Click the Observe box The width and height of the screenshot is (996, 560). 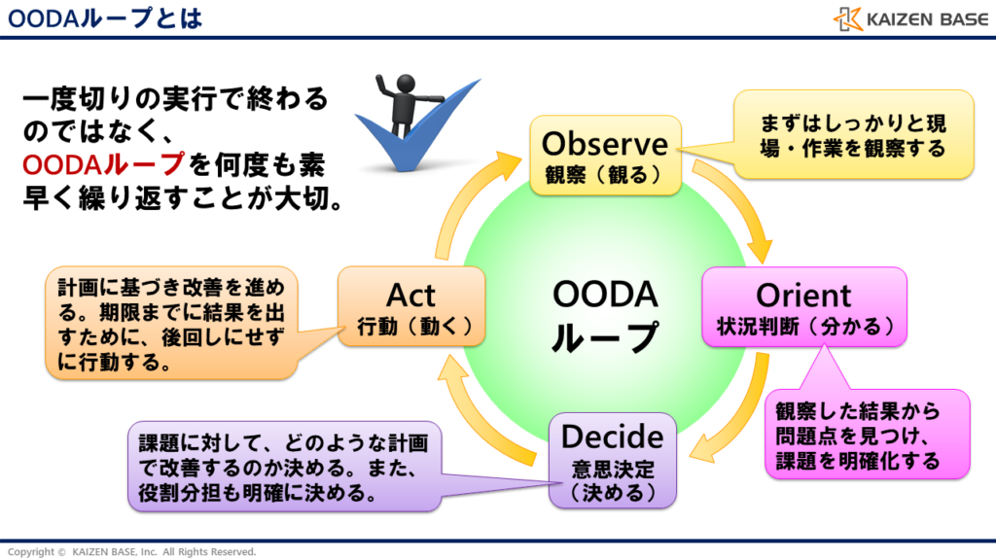(x=604, y=156)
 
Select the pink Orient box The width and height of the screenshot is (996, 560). (x=803, y=306)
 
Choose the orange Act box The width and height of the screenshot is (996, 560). (x=410, y=306)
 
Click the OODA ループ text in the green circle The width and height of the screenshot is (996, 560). (x=604, y=316)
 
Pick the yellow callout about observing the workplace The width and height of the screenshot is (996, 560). (x=853, y=135)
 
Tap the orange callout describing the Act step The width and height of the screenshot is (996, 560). (x=171, y=321)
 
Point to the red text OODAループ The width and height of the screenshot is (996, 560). (x=102, y=161)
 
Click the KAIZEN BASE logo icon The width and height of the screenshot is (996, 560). (x=847, y=18)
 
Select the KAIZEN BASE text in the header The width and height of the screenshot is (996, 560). (x=923, y=18)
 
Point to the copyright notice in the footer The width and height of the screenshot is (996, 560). (x=131, y=551)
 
